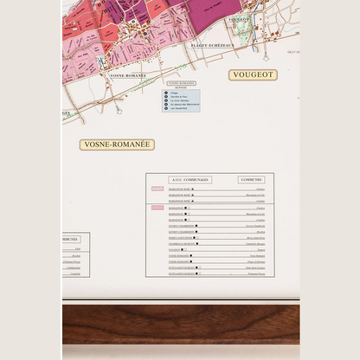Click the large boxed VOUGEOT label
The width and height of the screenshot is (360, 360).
click(x=253, y=75)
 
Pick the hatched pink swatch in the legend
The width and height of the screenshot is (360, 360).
click(x=157, y=188)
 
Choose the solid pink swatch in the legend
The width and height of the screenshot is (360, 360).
click(x=157, y=208)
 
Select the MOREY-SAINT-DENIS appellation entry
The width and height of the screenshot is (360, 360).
click(x=183, y=237)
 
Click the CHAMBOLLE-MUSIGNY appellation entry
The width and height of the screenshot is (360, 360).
click(x=183, y=243)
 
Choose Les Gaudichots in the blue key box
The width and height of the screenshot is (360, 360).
click(x=181, y=108)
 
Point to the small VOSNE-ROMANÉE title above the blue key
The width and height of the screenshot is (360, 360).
click(x=181, y=83)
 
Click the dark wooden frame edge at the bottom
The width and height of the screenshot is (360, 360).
click(x=180, y=322)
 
